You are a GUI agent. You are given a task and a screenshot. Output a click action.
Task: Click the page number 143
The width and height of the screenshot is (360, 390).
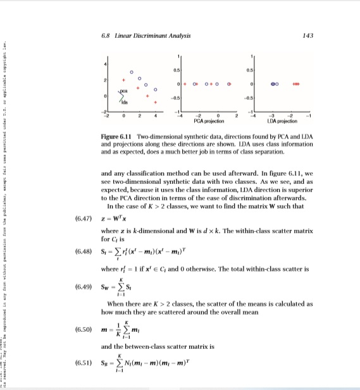(309, 35)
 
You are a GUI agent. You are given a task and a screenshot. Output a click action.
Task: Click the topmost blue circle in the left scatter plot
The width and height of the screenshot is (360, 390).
(132, 71)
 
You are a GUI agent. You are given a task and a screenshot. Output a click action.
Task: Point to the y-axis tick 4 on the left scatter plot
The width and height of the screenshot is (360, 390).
(105, 65)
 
